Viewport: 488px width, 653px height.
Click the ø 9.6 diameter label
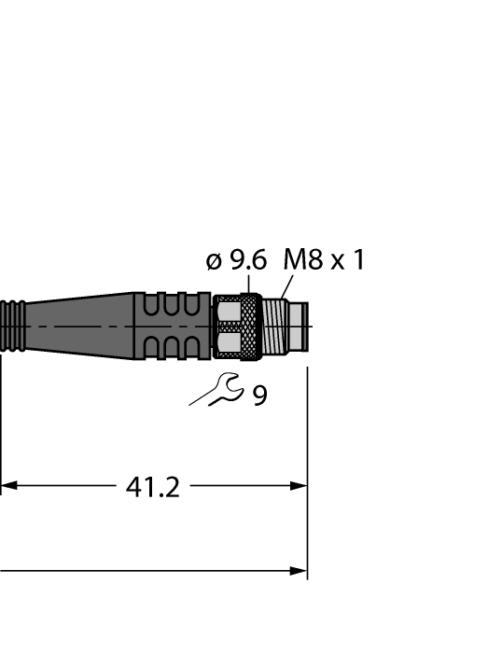click(x=235, y=260)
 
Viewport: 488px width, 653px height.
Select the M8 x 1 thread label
click(x=323, y=260)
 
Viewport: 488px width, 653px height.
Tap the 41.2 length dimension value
click(x=152, y=486)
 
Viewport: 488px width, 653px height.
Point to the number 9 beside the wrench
click(x=258, y=396)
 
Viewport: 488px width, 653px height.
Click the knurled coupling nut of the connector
click(x=238, y=326)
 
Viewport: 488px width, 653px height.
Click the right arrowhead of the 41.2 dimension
click(x=300, y=486)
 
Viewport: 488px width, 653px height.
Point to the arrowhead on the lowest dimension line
click(x=300, y=570)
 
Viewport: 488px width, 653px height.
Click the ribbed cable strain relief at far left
click(x=13, y=326)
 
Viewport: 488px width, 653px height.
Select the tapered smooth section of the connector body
click(x=79, y=326)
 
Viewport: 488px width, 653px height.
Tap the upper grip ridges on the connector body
click(x=173, y=307)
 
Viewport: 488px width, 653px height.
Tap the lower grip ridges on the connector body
click(x=173, y=346)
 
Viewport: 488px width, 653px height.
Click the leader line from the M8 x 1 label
click(x=284, y=285)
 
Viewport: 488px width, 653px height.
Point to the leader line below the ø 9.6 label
click(x=249, y=283)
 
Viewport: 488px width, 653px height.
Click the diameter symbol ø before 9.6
click(x=213, y=261)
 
